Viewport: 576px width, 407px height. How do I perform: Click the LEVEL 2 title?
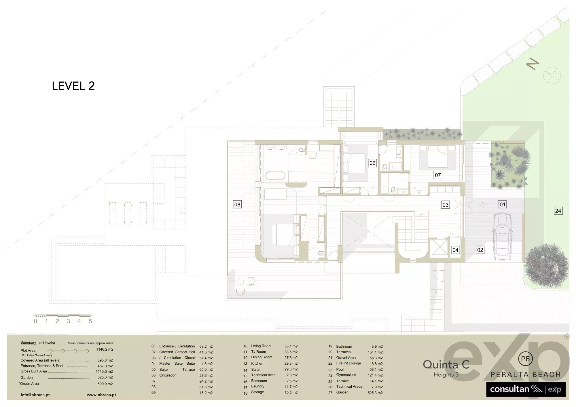point(73,86)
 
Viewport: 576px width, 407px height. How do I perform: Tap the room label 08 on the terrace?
point(237,204)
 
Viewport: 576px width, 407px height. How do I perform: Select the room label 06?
point(372,163)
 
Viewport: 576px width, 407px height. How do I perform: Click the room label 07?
point(438,175)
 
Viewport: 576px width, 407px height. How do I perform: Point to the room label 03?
point(445,205)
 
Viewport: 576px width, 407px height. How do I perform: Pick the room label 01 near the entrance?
point(502,204)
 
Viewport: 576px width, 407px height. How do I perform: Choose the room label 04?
point(455,250)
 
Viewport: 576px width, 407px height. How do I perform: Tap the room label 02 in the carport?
point(480,250)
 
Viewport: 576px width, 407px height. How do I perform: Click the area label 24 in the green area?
point(558,211)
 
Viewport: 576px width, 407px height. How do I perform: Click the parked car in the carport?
point(502,236)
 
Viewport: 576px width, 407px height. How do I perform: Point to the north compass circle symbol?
point(552,75)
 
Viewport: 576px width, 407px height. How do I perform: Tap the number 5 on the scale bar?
point(90,321)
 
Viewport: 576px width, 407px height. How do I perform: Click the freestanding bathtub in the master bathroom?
point(275,176)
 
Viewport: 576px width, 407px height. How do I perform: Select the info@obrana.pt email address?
point(35,395)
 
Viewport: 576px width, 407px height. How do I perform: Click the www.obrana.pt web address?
point(101,395)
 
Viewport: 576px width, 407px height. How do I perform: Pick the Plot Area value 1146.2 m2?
point(105,349)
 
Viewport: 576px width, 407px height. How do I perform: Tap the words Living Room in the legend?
point(261,346)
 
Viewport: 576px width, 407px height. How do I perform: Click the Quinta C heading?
point(446,365)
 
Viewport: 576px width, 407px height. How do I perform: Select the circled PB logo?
point(525,359)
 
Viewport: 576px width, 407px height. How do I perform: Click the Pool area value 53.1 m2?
point(376,369)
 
